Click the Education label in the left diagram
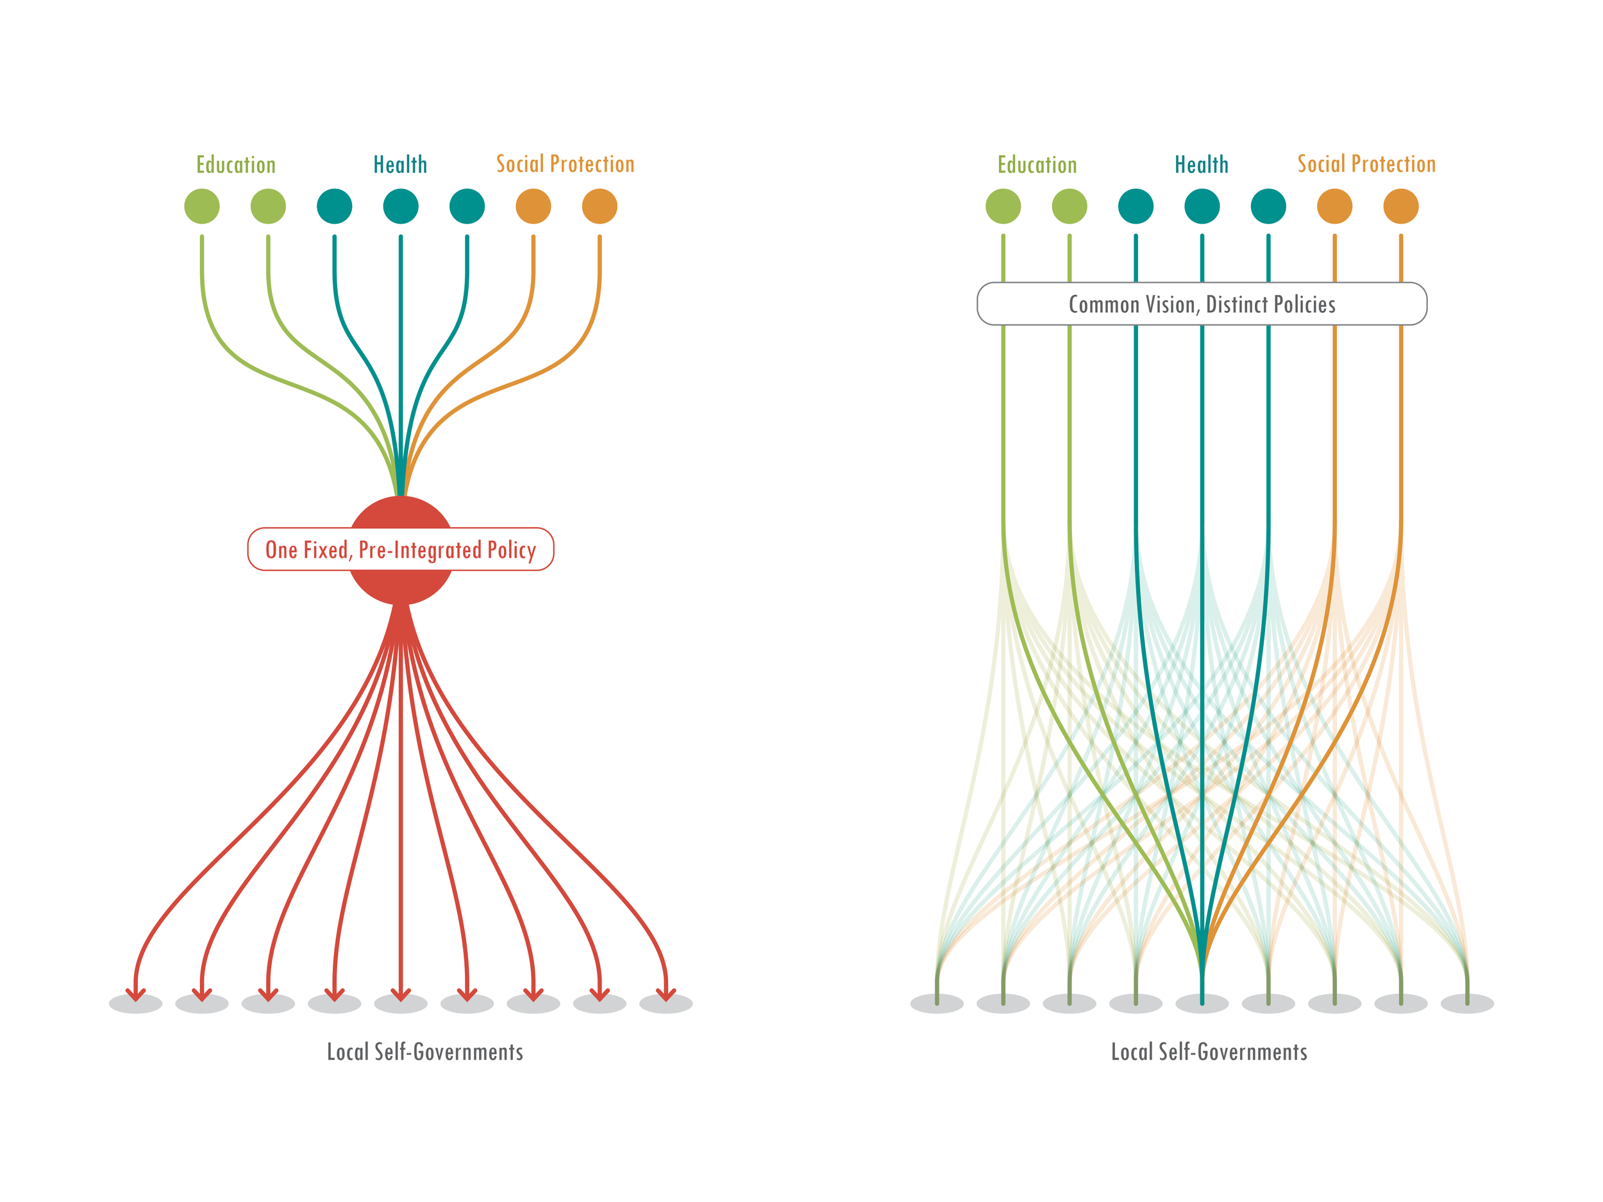(235, 165)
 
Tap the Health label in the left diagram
(400, 165)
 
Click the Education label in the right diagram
(1037, 165)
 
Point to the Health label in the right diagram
(1202, 165)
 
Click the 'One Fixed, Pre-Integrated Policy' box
(401, 550)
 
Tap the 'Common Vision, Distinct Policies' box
(1202, 305)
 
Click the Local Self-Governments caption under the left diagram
(424, 1051)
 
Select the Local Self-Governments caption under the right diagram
(1209, 1051)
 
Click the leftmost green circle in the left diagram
(201, 206)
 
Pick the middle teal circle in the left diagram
(401, 206)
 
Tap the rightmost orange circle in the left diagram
(600, 206)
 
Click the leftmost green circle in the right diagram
(1003, 206)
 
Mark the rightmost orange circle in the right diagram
(1401, 206)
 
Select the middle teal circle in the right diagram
(1202, 206)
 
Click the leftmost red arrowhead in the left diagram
(135, 994)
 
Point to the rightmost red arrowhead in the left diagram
(666, 994)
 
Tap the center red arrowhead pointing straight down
(401, 994)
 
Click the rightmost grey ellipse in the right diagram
(1467, 1004)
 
